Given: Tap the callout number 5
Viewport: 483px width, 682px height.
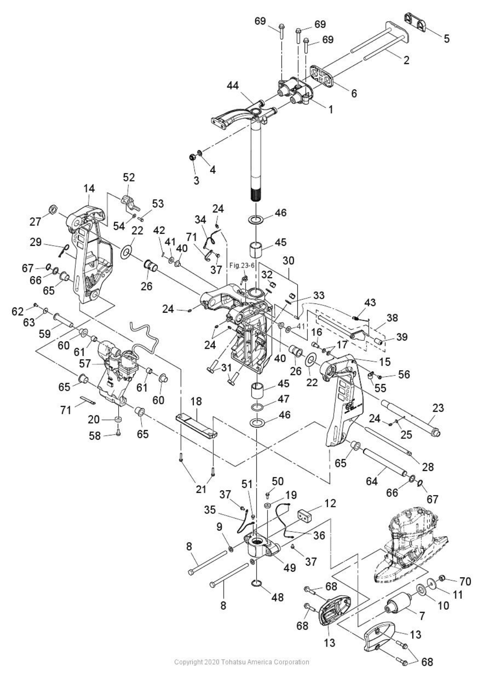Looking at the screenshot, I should [446, 39].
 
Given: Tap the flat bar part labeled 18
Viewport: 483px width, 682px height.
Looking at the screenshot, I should [196, 426].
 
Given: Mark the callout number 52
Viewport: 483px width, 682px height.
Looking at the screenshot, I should [129, 177].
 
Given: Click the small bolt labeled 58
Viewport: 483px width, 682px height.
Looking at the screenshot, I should [118, 433].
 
